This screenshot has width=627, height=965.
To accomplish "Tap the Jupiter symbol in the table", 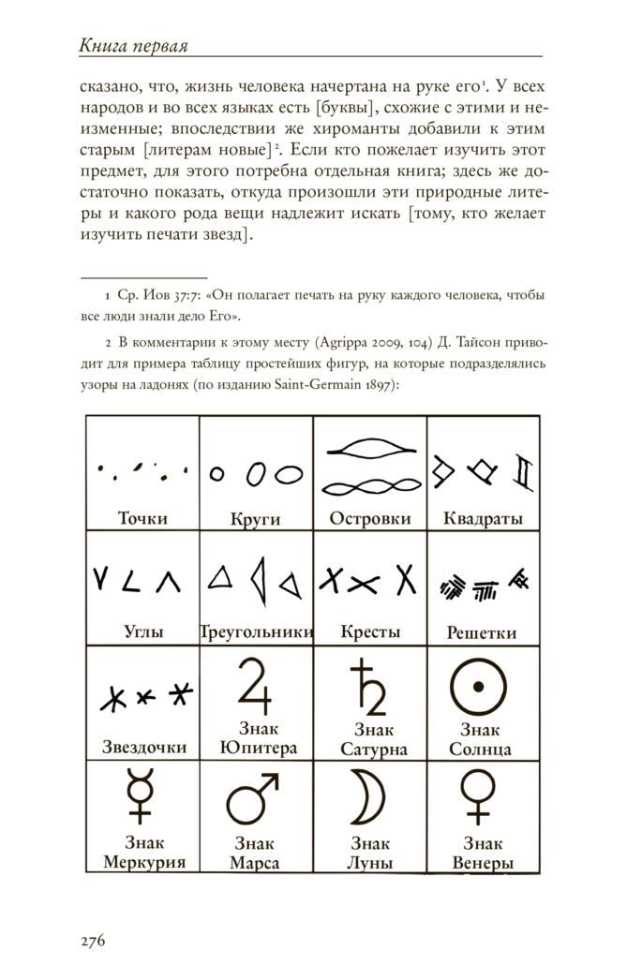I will point(256,688).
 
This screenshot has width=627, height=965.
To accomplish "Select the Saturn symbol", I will point(368,688).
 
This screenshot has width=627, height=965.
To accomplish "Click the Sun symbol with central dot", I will point(480,687).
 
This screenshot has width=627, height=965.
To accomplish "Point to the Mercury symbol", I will point(142,796).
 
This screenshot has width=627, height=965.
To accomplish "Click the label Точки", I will point(142,517).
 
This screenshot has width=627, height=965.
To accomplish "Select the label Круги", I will point(255,519).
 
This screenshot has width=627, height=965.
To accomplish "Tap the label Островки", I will point(369,518).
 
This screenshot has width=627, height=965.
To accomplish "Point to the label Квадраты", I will point(483,519).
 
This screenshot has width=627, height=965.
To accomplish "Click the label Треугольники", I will point(256,632).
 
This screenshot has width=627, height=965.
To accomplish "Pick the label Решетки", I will point(482,632).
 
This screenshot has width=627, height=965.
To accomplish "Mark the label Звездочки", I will point(143,748).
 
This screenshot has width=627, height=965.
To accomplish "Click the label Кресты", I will point(369,632).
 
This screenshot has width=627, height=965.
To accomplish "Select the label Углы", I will point(143,632).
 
